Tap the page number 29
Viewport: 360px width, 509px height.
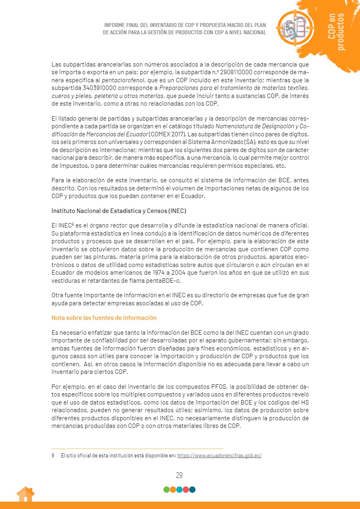pyautogui.click(x=180, y=475)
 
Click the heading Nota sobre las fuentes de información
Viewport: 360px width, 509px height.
pyautogui.click(x=104, y=318)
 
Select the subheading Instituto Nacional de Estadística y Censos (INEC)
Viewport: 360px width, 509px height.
pyautogui.click(x=119, y=211)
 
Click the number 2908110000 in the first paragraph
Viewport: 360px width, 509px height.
pyautogui.click(x=232, y=73)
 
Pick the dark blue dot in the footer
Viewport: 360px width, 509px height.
pyautogui.click(x=193, y=490)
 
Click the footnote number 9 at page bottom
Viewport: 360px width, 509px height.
pyautogui.click(x=53, y=456)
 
